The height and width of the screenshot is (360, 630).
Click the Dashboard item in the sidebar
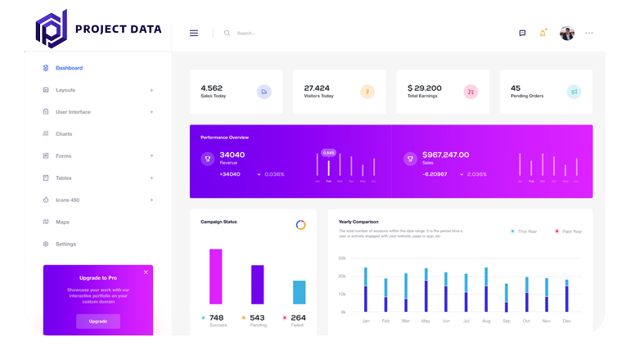(x=69, y=68)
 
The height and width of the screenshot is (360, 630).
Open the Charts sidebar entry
(x=64, y=134)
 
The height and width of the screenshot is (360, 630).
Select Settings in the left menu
(x=65, y=244)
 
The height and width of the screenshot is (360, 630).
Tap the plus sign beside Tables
(x=151, y=178)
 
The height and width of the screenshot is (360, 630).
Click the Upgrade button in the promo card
(x=98, y=322)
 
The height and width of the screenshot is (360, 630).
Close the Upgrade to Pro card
(x=146, y=272)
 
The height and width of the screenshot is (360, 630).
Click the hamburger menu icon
(x=194, y=34)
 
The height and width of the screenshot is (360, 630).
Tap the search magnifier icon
(x=227, y=34)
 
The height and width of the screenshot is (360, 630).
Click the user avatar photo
(x=567, y=33)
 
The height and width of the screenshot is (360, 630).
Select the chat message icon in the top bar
(x=522, y=34)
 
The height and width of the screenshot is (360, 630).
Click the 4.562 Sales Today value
(x=211, y=88)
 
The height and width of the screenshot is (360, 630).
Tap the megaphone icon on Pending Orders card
(x=574, y=92)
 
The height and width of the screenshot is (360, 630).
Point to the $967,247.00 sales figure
(x=445, y=155)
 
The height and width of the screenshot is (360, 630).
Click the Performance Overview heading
(x=224, y=137)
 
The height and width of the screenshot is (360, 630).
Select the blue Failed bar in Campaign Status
(x=299, y=292)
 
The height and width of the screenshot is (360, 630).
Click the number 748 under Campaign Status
(x=216, y=317)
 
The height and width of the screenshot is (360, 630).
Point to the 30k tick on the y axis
(x=342, y=259)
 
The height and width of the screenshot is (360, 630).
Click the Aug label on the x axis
(x=485, y=321)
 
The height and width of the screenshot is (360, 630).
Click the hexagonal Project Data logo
(x=51, y=29)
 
